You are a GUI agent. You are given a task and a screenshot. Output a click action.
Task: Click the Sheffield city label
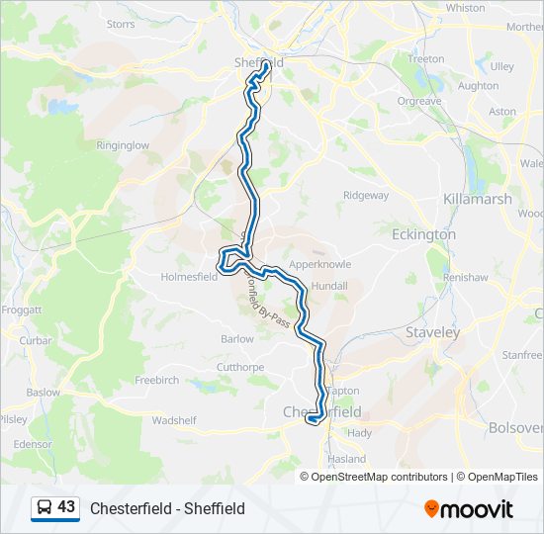260,61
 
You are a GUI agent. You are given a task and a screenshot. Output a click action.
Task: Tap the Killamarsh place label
479,199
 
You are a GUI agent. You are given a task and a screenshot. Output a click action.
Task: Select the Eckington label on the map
423,234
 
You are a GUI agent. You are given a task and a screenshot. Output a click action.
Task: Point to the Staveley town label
433,333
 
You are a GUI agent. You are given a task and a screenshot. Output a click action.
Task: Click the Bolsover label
515,428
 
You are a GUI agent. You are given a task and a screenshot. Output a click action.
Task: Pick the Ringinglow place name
123,145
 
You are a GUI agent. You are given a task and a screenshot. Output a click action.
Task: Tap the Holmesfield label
189,277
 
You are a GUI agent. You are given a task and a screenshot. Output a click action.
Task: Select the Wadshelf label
174,420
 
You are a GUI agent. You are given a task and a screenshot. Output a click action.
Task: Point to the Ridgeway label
366,196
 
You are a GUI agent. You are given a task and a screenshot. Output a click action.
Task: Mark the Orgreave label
419,101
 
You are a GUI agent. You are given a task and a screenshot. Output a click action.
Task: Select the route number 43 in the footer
66,507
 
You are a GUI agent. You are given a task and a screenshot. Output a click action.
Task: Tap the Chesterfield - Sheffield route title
167,508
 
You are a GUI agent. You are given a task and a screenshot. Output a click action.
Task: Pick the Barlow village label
237,338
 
